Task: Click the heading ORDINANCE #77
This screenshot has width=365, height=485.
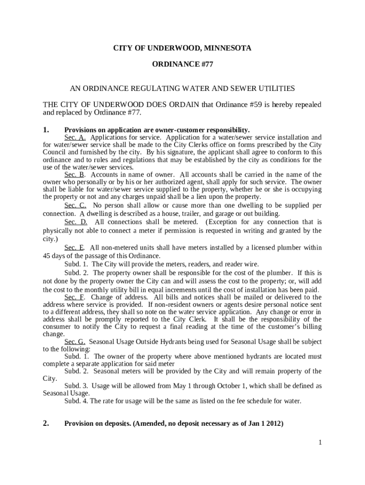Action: pyautogui.click(x=182, y=65)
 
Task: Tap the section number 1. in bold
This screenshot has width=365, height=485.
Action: pyautogui.click(x=46, y=130)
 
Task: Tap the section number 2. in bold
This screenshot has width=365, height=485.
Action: pyautogui.click(x=46, y=424)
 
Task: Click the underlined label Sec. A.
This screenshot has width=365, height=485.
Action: pyautogui.click(x=75, y=137)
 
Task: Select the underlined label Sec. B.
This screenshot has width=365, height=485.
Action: pyautogui.click(x=75, y=174)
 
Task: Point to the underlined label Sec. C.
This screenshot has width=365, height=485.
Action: pyautogui.click(x=75, y=205)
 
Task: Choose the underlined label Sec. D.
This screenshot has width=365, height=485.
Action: pyautogui.click(x=76, y=222)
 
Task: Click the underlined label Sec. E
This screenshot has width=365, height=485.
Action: pyautogui.click(x=74, y=248)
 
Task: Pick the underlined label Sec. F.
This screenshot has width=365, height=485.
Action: pyautogui.click(x=74, y=297)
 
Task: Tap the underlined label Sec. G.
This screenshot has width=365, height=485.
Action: pyautogui.click(x=75, y=341)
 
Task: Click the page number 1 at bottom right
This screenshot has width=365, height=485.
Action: pyautogui.click(x=320, y=442)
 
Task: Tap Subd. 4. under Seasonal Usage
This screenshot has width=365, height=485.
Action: pyautogui.click(x=76, y=401)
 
